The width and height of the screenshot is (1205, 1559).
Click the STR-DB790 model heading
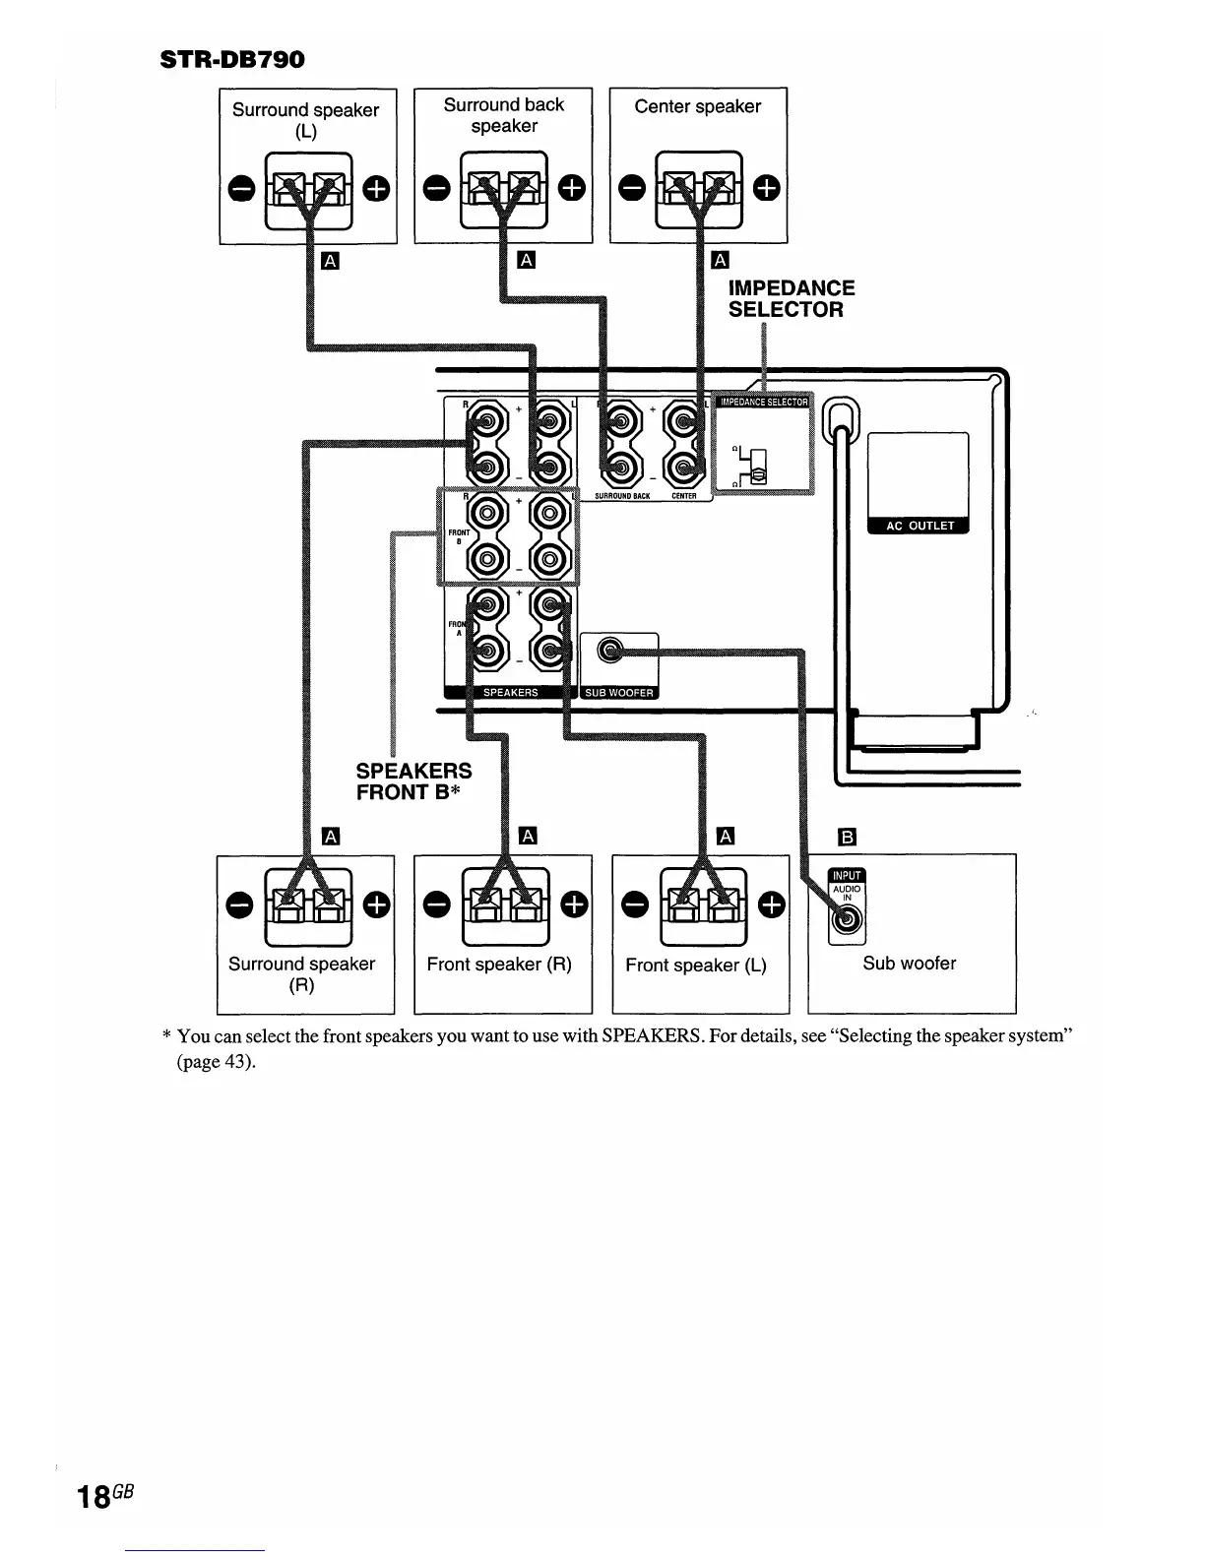click(x=232, y=59)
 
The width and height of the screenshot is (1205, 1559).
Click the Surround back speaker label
click(x=503, y=115)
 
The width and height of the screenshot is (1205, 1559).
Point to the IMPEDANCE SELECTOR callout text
click(x=791, y=298)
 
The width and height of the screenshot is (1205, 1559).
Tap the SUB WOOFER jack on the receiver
click(x=611, y=650)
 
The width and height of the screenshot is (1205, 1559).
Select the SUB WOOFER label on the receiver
click(x=619, y=693)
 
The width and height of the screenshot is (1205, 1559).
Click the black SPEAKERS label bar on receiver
click(x=510, y=693)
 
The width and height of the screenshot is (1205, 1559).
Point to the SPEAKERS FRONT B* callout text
click(x=413, y=781)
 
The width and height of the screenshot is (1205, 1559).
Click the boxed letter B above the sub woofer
click(x=846, y=838)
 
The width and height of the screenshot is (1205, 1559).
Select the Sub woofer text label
click(x=909, y=964)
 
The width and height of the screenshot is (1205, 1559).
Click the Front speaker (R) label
click(x=499, y=965)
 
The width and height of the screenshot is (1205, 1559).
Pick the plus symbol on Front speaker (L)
click(x=774, y=904)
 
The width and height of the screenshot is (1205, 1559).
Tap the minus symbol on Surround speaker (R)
click(x=236, y=904)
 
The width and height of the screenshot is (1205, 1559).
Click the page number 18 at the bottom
click(x=95, y=1497)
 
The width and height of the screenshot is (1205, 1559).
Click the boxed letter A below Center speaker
click(x=720, y=260)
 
